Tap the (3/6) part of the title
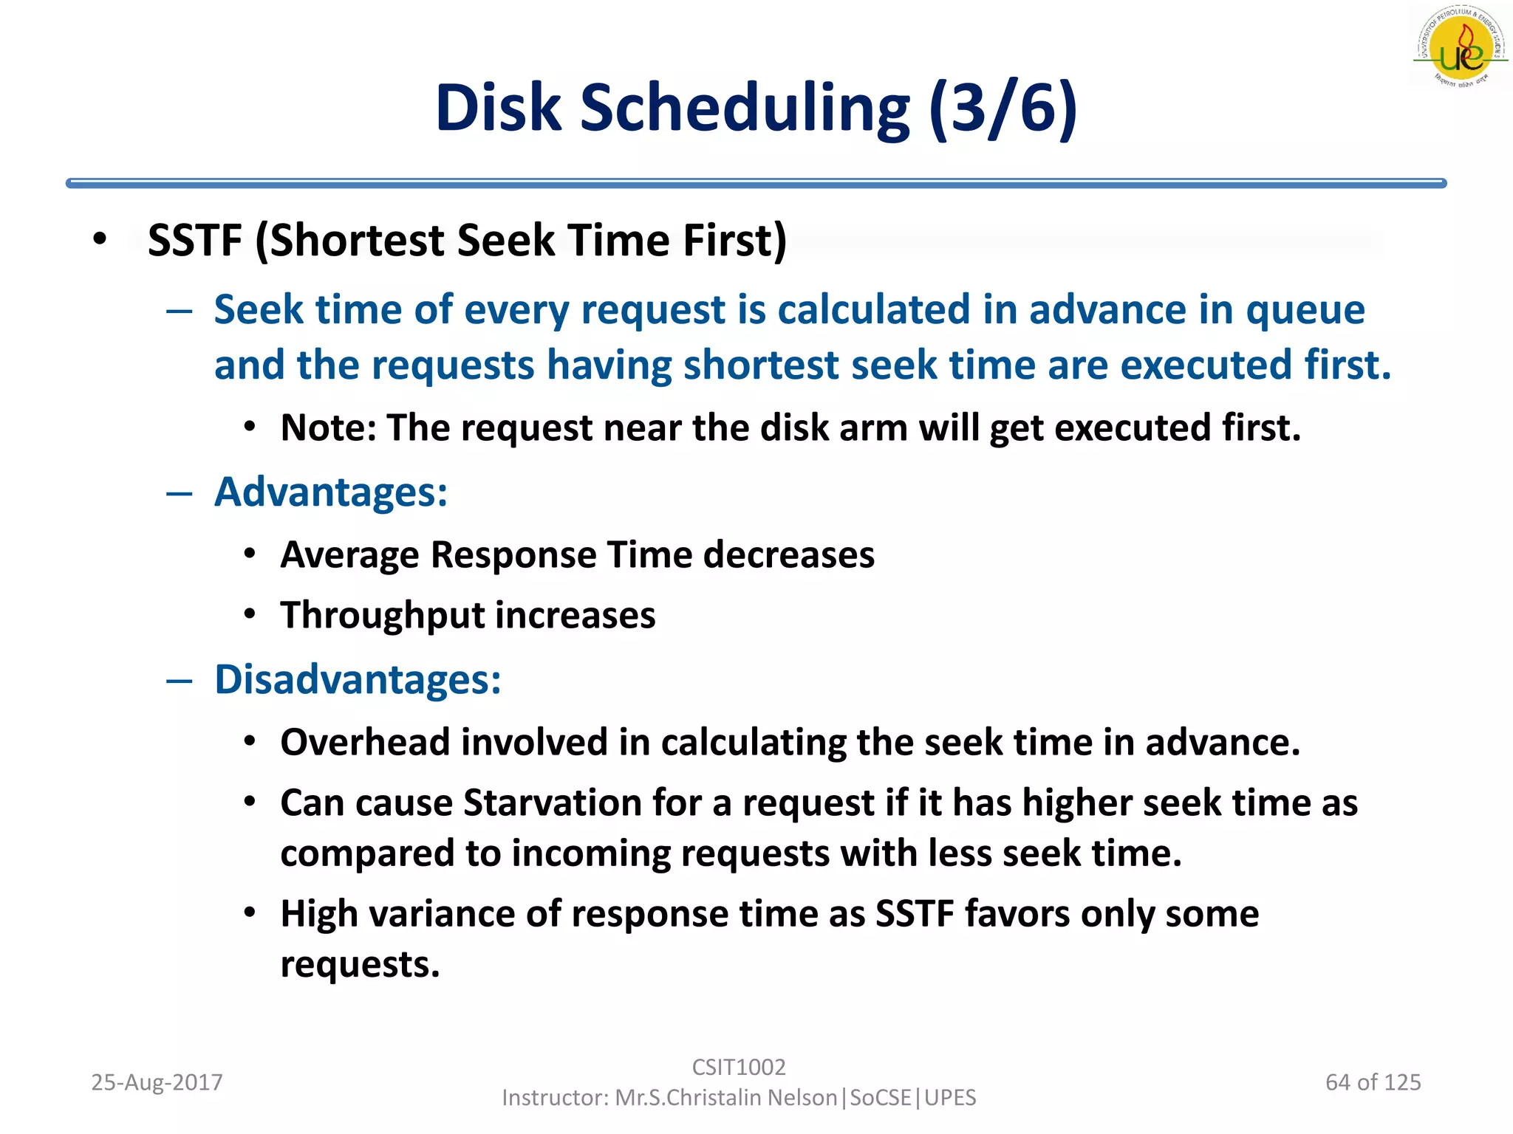click(1003, 109)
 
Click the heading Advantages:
click(331, 492)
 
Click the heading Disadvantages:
click(358, 679)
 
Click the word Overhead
click(365, 742)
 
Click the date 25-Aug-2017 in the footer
click(157, 1082)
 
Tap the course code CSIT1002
click(738, 1067)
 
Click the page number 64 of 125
click(1373, 1082)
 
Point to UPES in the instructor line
click(950, 1098)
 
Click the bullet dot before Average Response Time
click(250, 554)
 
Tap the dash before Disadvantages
click(180, 680)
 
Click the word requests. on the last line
click(360, 965)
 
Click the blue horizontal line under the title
click(755, 183)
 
